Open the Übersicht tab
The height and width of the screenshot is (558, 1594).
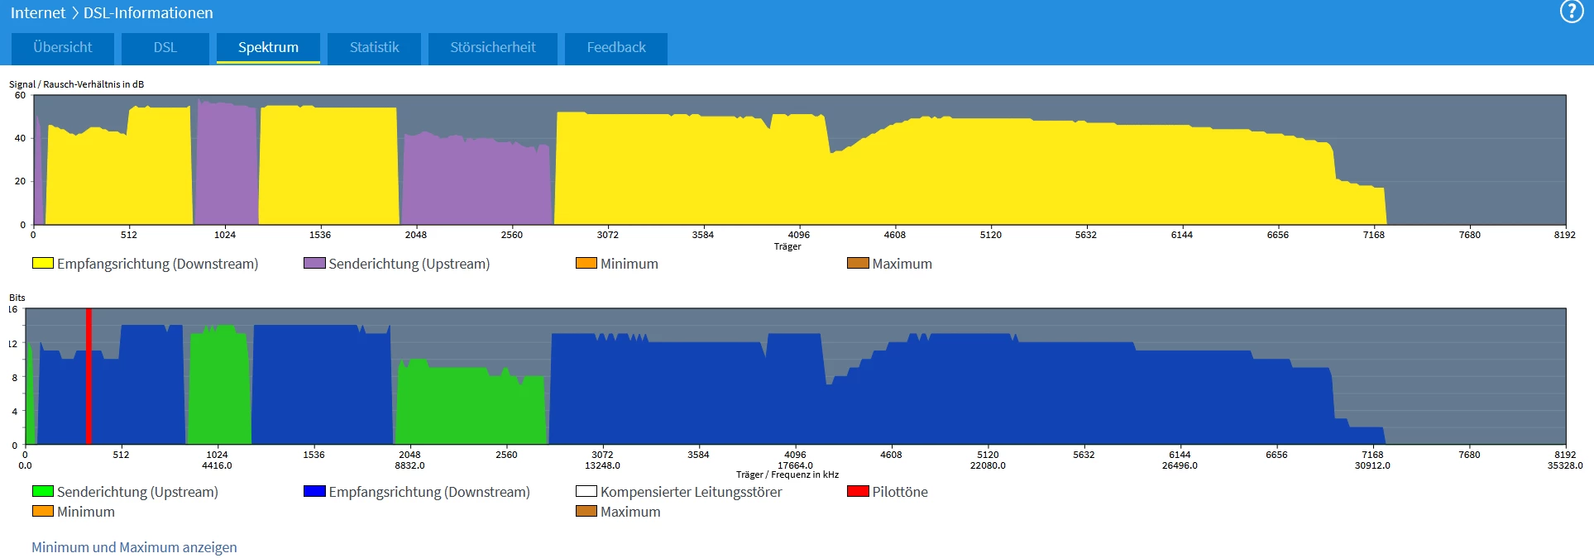click(x=63, y=48)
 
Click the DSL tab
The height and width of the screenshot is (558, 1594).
click(x=165, y=48)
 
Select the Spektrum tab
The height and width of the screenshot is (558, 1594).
click(x=268, y=48)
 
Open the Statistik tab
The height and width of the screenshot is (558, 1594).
click(x=374, y=48)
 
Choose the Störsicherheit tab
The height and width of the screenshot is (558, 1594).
click(x=493, y=48)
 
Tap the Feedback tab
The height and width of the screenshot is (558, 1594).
click(x=616, y=48)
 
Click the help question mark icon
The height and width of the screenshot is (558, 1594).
click(x=1571, y=12)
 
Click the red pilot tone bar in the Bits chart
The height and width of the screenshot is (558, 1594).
click(x=89, y=376)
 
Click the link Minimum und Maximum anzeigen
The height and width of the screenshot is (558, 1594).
click(x=134, y=547)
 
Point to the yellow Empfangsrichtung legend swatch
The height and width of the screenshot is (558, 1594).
click(x=42, y=264)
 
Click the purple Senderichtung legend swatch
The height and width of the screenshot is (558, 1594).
click(x=314, y=264)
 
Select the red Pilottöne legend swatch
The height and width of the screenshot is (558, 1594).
click(x=858, y=491)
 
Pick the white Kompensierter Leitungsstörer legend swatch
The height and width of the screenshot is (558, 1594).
click(x=586, y=491)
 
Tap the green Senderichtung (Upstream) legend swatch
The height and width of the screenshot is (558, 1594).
click(x=42, y=491)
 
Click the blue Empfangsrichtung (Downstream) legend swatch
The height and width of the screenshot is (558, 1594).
click(x=314, y=491)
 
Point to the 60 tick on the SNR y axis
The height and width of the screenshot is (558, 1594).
click(x=20, y=95)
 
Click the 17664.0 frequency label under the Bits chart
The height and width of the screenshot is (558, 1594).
click(x=795, y=465)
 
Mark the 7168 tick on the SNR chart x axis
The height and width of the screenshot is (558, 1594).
click(x=1373, y=235)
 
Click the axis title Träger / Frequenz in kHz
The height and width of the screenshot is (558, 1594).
click(x=787, y=475)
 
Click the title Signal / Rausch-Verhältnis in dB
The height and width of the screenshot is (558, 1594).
click(x=76, y=84)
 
